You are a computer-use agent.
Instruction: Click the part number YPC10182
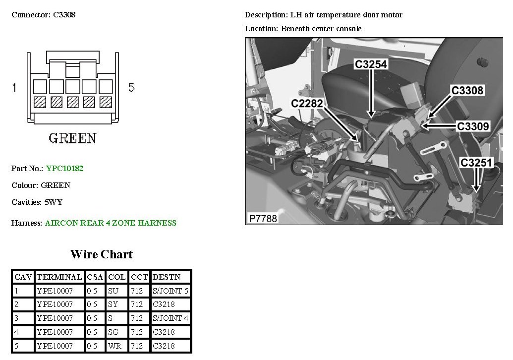[64, 169]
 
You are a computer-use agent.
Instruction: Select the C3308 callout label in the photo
[467, 90]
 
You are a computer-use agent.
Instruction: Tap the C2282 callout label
[307, 104]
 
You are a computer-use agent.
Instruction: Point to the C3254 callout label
[371, 64]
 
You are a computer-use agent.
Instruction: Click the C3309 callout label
[473, 126]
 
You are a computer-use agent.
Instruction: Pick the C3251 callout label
[476, 163]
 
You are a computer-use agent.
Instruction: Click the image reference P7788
[263, 218]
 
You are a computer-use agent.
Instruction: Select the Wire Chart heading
[102, 254]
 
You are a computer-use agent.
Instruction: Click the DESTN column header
[166, 277]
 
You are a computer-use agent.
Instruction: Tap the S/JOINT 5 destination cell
[171, 291]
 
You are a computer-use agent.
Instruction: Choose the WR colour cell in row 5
[114, 346]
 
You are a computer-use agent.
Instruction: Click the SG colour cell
[113, 332]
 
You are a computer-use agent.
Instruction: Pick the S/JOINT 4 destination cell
[171, 318]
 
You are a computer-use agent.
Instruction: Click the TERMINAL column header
[59, 277]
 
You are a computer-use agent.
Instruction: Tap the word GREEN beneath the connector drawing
[73, 138]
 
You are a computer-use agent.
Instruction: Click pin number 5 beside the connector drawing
[131, 87]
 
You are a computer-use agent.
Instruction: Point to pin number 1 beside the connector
[14, 87]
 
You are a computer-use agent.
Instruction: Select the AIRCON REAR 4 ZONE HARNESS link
[111, 223]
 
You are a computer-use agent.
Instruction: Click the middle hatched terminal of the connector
[73, 102]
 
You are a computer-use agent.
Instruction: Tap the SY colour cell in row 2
[113, 304]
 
